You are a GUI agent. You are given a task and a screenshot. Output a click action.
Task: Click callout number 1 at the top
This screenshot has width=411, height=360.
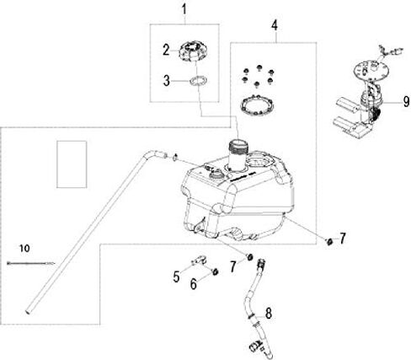point(184,9)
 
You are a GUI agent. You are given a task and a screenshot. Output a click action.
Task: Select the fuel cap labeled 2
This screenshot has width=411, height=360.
point(192,51)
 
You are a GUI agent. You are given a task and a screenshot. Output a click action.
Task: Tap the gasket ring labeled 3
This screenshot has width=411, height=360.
point(199,81)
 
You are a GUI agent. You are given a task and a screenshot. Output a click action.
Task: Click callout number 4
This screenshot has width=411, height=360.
point(275,25)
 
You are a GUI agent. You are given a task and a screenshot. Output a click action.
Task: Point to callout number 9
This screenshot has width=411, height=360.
point(406,101)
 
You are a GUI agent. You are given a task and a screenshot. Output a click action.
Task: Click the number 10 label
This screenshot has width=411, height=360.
point(24,248)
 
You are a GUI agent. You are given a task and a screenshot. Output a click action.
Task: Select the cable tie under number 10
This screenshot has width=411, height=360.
point(31,263)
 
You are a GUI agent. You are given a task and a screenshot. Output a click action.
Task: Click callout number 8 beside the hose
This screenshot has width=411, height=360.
point(269,314)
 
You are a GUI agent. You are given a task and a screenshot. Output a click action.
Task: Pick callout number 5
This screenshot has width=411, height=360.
point(176,277)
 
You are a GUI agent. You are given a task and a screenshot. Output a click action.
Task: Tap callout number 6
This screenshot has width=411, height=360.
point(194,284)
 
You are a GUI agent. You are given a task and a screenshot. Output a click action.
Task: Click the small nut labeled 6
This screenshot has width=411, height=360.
point(216,271)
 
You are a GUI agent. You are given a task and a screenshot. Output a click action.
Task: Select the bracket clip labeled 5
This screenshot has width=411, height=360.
point(199,261)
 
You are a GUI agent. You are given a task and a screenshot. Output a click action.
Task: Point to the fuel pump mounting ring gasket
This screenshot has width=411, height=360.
point(258,105)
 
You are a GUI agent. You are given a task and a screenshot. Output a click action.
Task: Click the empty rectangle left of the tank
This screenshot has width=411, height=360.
point(72,164)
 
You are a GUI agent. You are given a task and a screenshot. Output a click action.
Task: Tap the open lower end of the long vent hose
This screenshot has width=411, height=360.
point(29,311)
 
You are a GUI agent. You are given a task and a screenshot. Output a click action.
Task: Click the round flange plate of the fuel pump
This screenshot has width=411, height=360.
point(372,70)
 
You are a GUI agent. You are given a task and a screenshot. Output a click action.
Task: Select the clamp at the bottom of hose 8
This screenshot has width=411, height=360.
point(256,346)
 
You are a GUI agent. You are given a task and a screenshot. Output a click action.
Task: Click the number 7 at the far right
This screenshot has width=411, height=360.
point(342,239)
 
